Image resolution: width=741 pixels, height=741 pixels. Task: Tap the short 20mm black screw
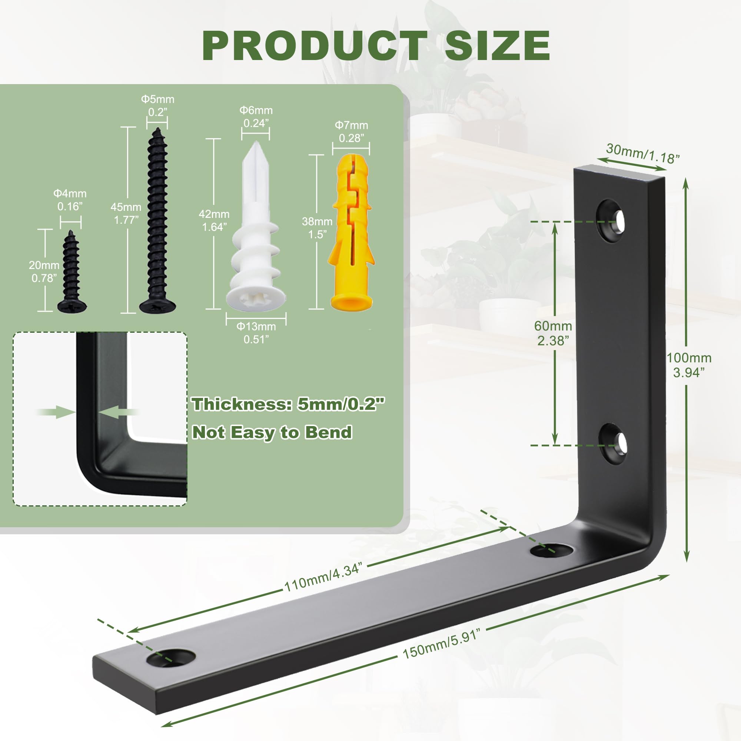click(x=72, y=272)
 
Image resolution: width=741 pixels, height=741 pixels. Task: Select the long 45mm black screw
click(x=157, y=220)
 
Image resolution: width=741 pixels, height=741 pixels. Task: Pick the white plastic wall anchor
click(x=256, y=226)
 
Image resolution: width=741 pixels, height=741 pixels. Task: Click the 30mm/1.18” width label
click(x=643, y=154)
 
